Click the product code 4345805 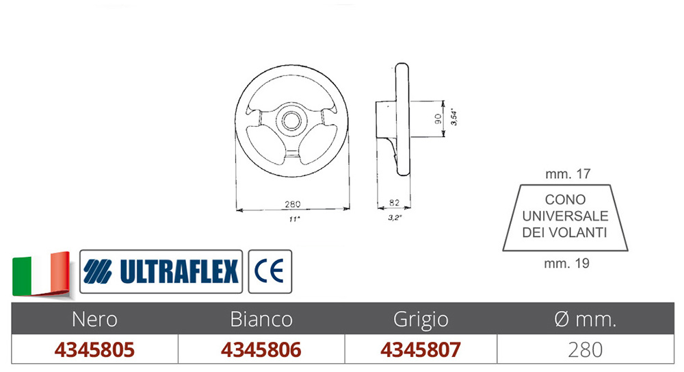[94, 349]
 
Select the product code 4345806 [261, 349]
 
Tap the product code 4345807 [421, 349]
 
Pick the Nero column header [94, 319]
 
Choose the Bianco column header [261, 319]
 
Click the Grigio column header [421, 319]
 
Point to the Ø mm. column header [585, 319]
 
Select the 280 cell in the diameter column [586, 349]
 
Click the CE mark [269, 271]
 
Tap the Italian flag [41, 274]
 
